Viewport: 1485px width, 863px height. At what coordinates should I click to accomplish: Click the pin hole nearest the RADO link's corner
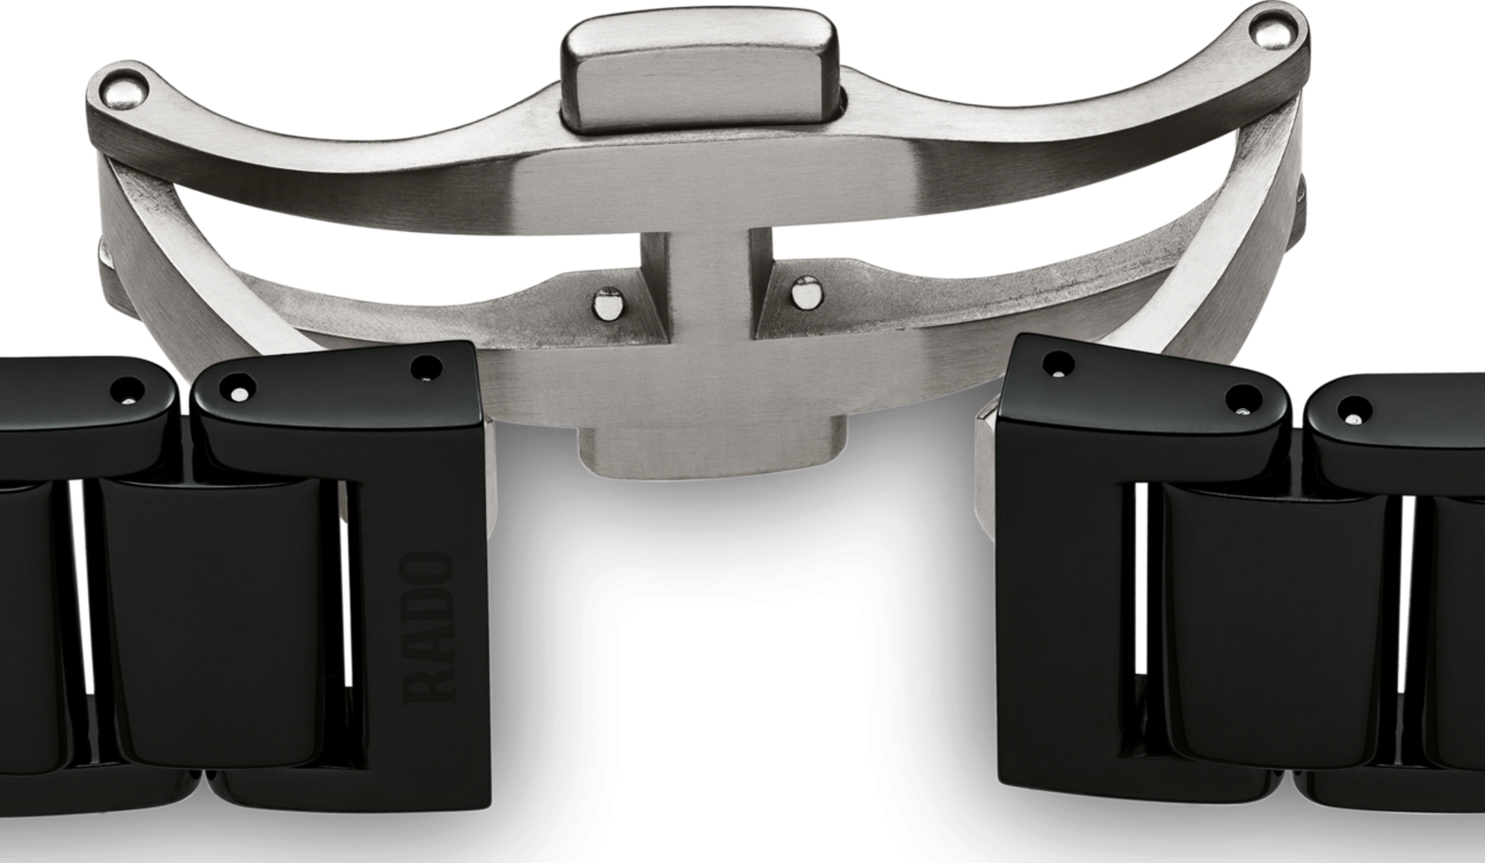[426, 369]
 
